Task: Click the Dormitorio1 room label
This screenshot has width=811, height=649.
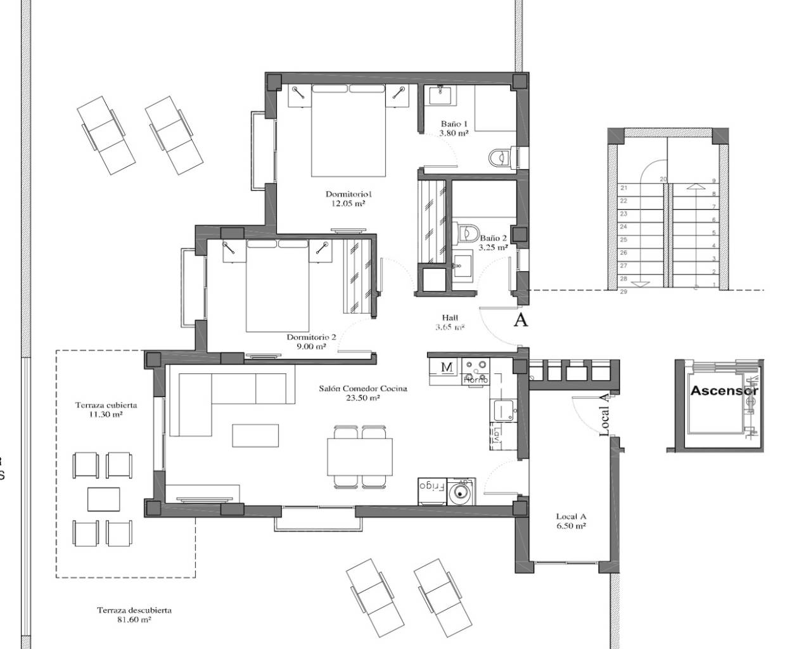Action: coord(347,198)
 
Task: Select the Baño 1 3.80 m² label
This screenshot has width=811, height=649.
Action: coord(454,129)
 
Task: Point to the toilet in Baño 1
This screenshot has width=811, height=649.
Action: coord(504,156)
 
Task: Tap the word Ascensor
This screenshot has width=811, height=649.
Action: coord(724,390)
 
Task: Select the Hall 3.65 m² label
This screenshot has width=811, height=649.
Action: coord(450,323)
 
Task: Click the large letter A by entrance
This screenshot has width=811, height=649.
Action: coord(520,320)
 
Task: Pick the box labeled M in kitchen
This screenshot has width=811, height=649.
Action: coord(446,367)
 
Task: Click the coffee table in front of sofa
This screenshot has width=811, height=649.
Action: coord(255,435)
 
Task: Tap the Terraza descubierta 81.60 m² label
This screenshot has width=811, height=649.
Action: coord(134,615)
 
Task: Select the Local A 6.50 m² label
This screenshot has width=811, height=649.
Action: coord(570,521)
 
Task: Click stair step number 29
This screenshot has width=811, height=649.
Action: coord(623,292)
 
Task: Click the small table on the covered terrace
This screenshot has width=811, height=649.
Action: coord(104,499)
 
